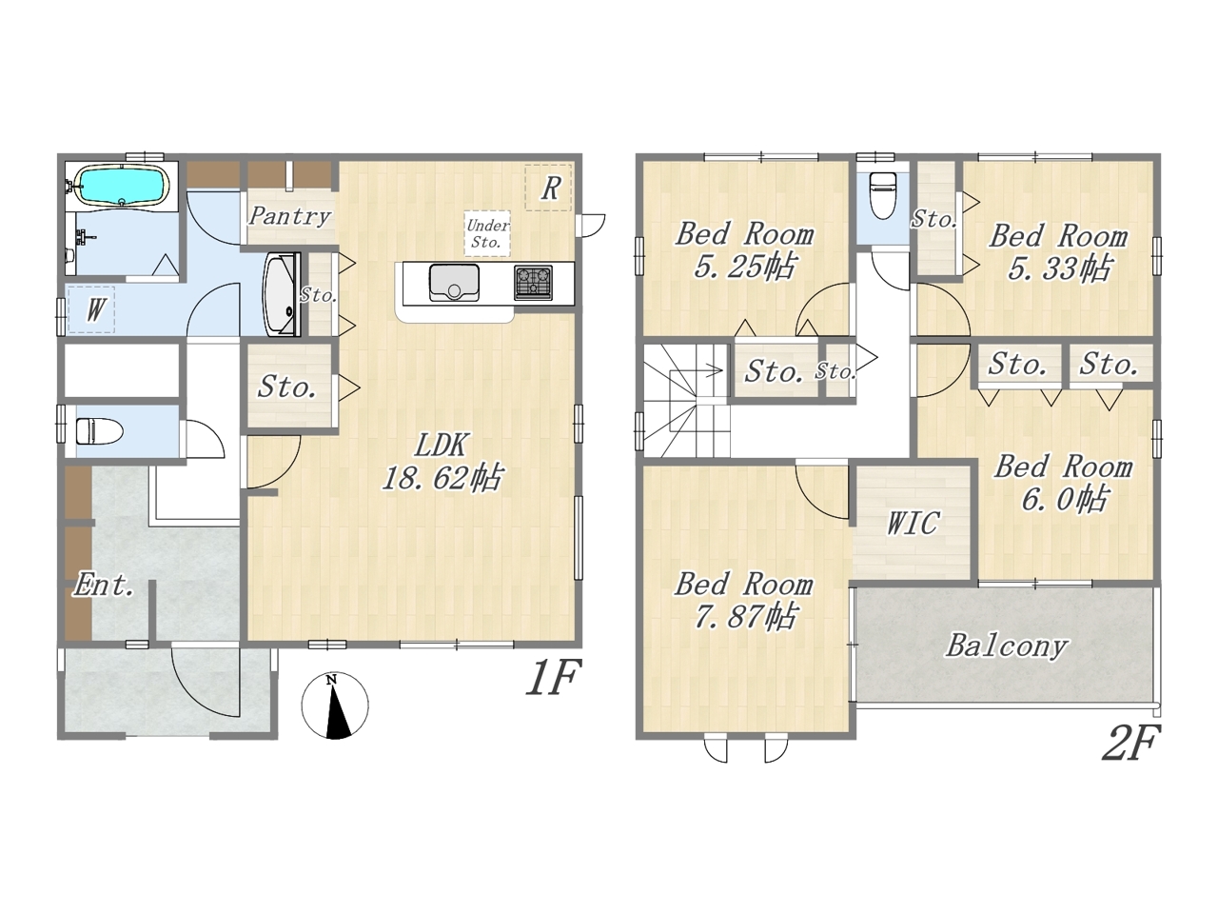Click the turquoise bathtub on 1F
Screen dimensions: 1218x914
122,186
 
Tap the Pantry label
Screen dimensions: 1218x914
289,216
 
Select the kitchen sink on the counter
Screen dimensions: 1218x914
454,283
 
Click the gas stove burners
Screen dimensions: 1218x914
533,283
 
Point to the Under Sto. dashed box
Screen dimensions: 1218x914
487,233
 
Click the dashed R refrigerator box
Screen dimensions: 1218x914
548,188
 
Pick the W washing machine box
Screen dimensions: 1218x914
91,309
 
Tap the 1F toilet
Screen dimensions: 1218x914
98,431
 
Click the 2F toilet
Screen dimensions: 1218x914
882,195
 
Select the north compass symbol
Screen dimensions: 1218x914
335,705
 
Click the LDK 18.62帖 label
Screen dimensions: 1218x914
442,462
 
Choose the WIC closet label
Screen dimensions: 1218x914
913,523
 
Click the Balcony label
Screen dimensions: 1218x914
1007,646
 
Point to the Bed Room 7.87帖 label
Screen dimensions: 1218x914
744,601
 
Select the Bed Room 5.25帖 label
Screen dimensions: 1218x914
745,250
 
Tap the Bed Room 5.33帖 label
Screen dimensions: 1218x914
1058,252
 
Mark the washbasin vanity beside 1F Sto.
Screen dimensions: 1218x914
283,295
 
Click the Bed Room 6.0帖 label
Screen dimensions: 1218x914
1063,483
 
